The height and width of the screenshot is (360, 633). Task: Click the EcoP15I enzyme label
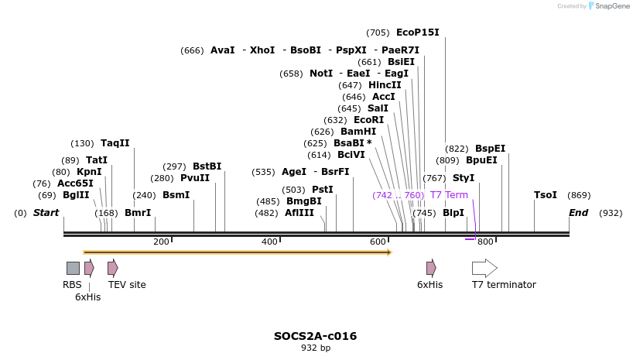[x=417, y=33]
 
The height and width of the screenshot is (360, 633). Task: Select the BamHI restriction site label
[x=358, y=132]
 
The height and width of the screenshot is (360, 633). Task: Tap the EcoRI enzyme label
[x=368, y=120]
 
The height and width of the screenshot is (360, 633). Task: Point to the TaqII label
[x=115, y=143]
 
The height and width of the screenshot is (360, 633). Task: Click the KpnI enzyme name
[x=88, y=172]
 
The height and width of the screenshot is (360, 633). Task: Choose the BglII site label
[x=76, y=195]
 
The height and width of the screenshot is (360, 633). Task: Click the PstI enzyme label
[x=323, y=190]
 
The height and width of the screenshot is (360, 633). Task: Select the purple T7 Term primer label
[x=449, y=195]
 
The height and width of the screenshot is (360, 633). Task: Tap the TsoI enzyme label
[x=546, y=195]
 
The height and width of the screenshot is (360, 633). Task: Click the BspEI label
[x=490, y=149]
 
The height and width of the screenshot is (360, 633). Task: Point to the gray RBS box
[x=73, y=268]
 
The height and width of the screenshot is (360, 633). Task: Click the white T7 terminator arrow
[x=484, y=268]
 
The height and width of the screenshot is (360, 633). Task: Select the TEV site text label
[x=127, y=285]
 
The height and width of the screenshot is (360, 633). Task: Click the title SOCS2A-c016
[x=315, y=336]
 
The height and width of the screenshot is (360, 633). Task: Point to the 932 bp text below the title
[x=315, y=348]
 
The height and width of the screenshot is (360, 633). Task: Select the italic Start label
[x=46, y=213]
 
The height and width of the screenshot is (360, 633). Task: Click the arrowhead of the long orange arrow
[x=389, y=252]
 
